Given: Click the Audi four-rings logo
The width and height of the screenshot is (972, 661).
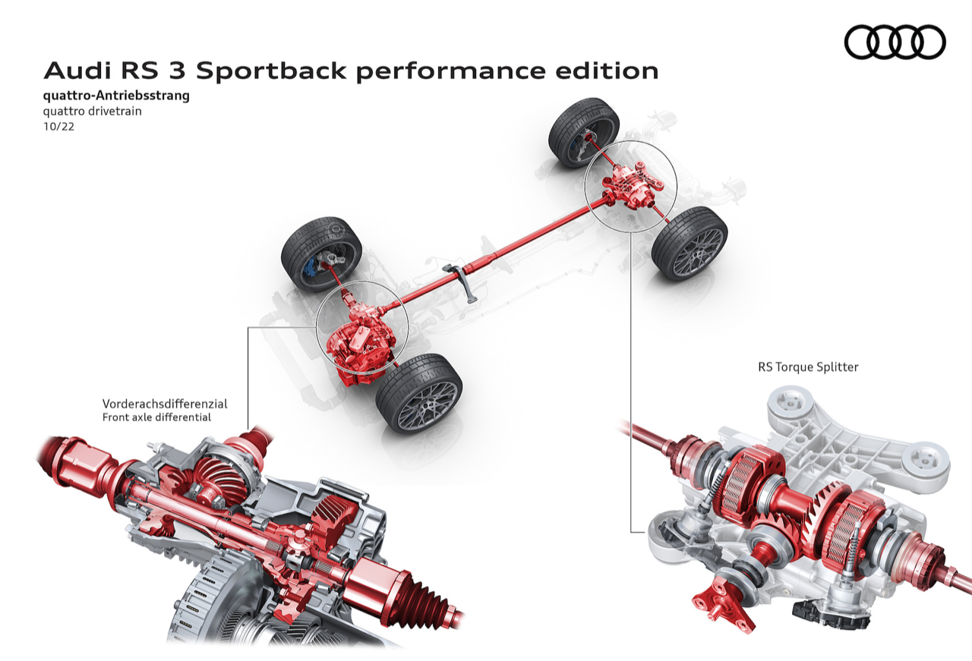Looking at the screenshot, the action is (x=895, y=42).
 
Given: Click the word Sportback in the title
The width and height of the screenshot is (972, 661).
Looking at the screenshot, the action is (x=271, y=71).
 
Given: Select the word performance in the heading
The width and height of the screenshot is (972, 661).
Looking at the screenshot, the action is (x=450, y=71).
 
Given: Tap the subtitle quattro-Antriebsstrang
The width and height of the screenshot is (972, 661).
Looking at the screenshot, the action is (x=116, y=96).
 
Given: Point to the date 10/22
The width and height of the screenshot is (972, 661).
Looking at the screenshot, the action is (x=58, y=127).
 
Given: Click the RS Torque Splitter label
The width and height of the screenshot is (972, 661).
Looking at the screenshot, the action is (x=808, y=367).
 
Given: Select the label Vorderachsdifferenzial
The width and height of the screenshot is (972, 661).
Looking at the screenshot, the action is (x=165, y=404).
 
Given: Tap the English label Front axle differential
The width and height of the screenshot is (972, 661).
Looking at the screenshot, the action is (x=156, y=417).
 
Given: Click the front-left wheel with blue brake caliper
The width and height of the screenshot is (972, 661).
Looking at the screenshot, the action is (x=321, y=253).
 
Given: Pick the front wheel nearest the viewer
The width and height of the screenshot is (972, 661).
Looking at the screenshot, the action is (x=418, y=394).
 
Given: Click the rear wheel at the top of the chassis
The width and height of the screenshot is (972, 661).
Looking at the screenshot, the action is (x=584, y=132).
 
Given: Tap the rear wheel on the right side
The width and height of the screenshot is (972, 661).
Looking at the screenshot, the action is (x=690, y=243).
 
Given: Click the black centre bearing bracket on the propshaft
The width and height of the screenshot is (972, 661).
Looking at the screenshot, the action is (x=461, y=280).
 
